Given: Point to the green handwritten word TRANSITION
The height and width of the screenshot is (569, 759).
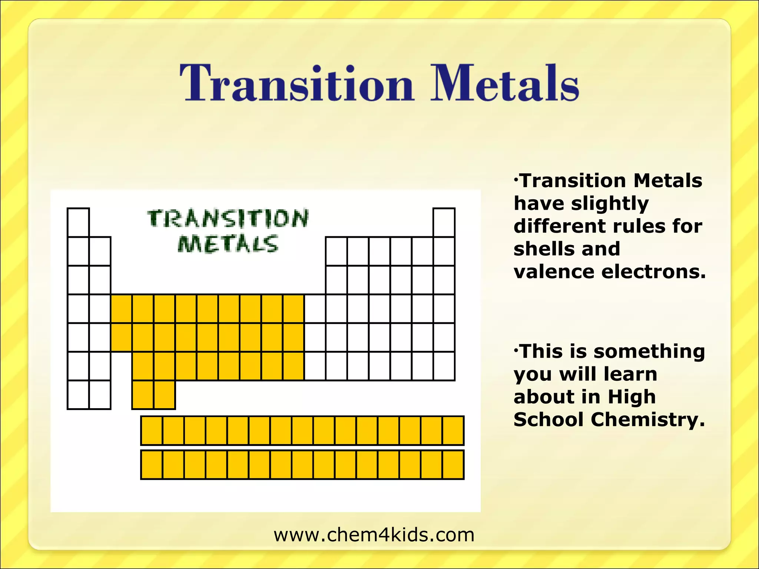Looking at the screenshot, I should point(228,219).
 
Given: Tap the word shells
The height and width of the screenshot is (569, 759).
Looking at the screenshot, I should point(543,249).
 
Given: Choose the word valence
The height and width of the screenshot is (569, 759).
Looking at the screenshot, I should point(554,272).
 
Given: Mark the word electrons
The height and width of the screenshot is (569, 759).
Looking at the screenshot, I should point(654,272).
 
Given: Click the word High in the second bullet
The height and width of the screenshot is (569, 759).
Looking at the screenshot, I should point(632,397).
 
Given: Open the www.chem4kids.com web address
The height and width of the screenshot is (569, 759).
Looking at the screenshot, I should point(374,535).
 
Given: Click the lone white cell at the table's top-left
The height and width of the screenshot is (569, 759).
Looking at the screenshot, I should point(78,222).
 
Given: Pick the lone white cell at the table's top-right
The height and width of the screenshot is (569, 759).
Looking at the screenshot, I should point(444,222).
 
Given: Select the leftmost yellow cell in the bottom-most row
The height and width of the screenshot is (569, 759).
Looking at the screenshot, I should point(152,465).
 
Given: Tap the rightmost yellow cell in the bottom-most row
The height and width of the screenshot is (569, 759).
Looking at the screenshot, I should point(453,465).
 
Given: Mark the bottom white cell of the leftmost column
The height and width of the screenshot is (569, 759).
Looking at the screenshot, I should point(78,395).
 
